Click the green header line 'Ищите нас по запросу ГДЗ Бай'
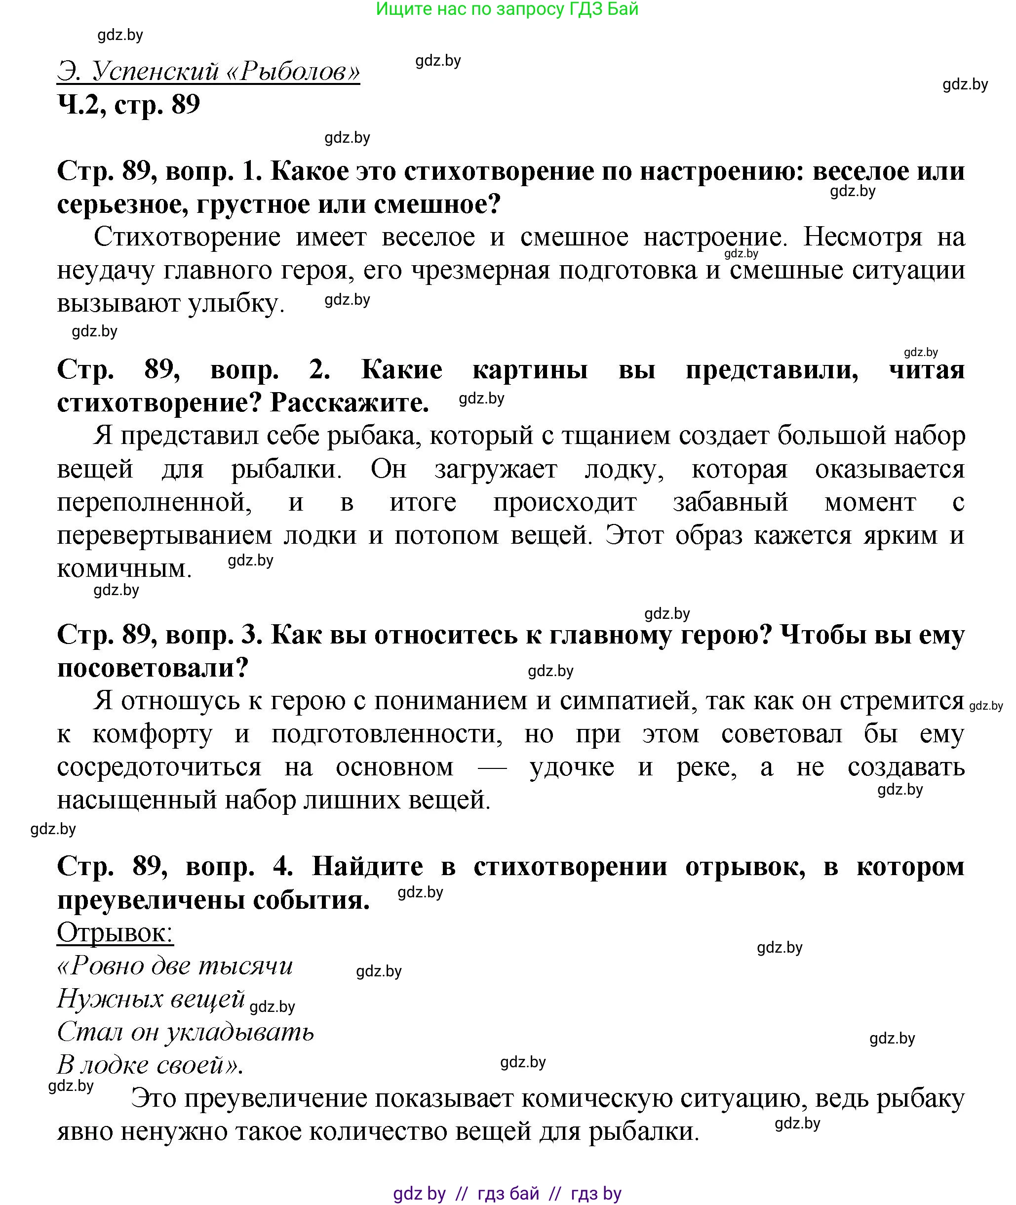click(x=507, y=9)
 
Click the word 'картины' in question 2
click(x=530, y=370)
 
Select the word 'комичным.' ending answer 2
click(x=124, y=569)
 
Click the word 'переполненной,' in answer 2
click(x=155, y=503)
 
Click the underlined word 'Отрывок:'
click(x=115, y=932)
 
